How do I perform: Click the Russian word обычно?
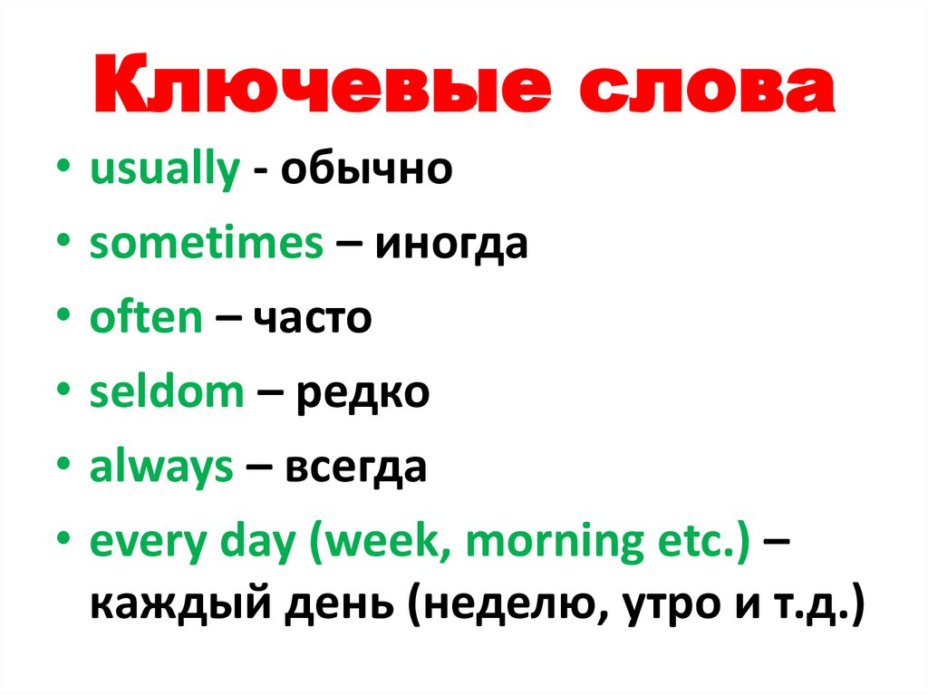(x=365, y=169)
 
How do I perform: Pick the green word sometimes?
(x=207, y=245)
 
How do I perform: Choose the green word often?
(x=146, y=318)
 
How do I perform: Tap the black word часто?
(x=312, y=320)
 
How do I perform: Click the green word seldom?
(x=167, y=393)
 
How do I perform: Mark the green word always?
(x=162, y=468)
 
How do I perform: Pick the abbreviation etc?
(x=698, y=542)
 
